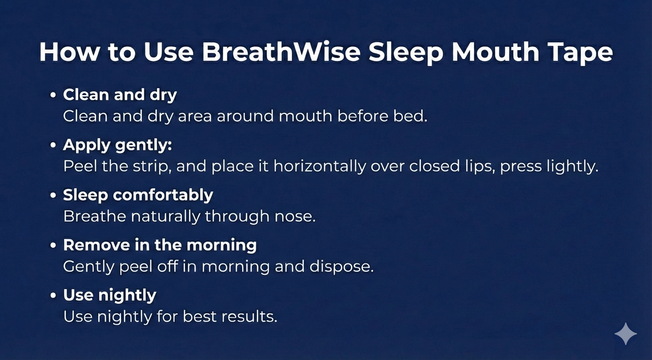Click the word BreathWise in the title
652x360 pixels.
pos(281,52)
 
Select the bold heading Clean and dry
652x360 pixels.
pos(120,95)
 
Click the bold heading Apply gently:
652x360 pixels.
pos(118,145)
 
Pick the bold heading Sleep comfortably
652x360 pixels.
pos(138,195)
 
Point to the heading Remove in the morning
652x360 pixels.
pos(160,245)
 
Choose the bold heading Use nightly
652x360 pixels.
pos(110,295)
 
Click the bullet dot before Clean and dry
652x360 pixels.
pos(53,95)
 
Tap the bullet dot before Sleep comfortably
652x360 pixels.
pos(53,195)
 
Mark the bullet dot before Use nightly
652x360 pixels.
pos(53,295)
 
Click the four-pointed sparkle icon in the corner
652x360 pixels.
pos(626,334)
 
